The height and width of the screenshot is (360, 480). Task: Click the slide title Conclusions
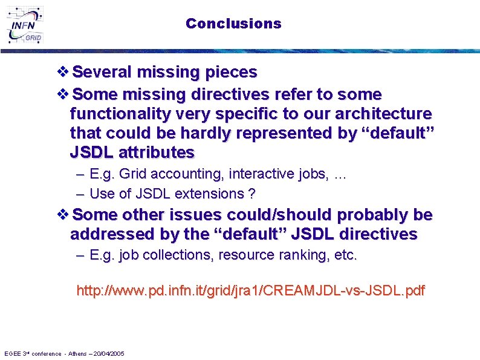(233, 24)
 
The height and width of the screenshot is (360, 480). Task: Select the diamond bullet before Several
(63, 72)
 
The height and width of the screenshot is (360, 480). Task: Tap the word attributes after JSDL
(159, 152)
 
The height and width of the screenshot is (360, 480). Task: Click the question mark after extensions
(251, 194)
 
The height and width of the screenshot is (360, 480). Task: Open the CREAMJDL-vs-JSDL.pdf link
(250, 291)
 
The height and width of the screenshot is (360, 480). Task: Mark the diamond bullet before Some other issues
(63, 215)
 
